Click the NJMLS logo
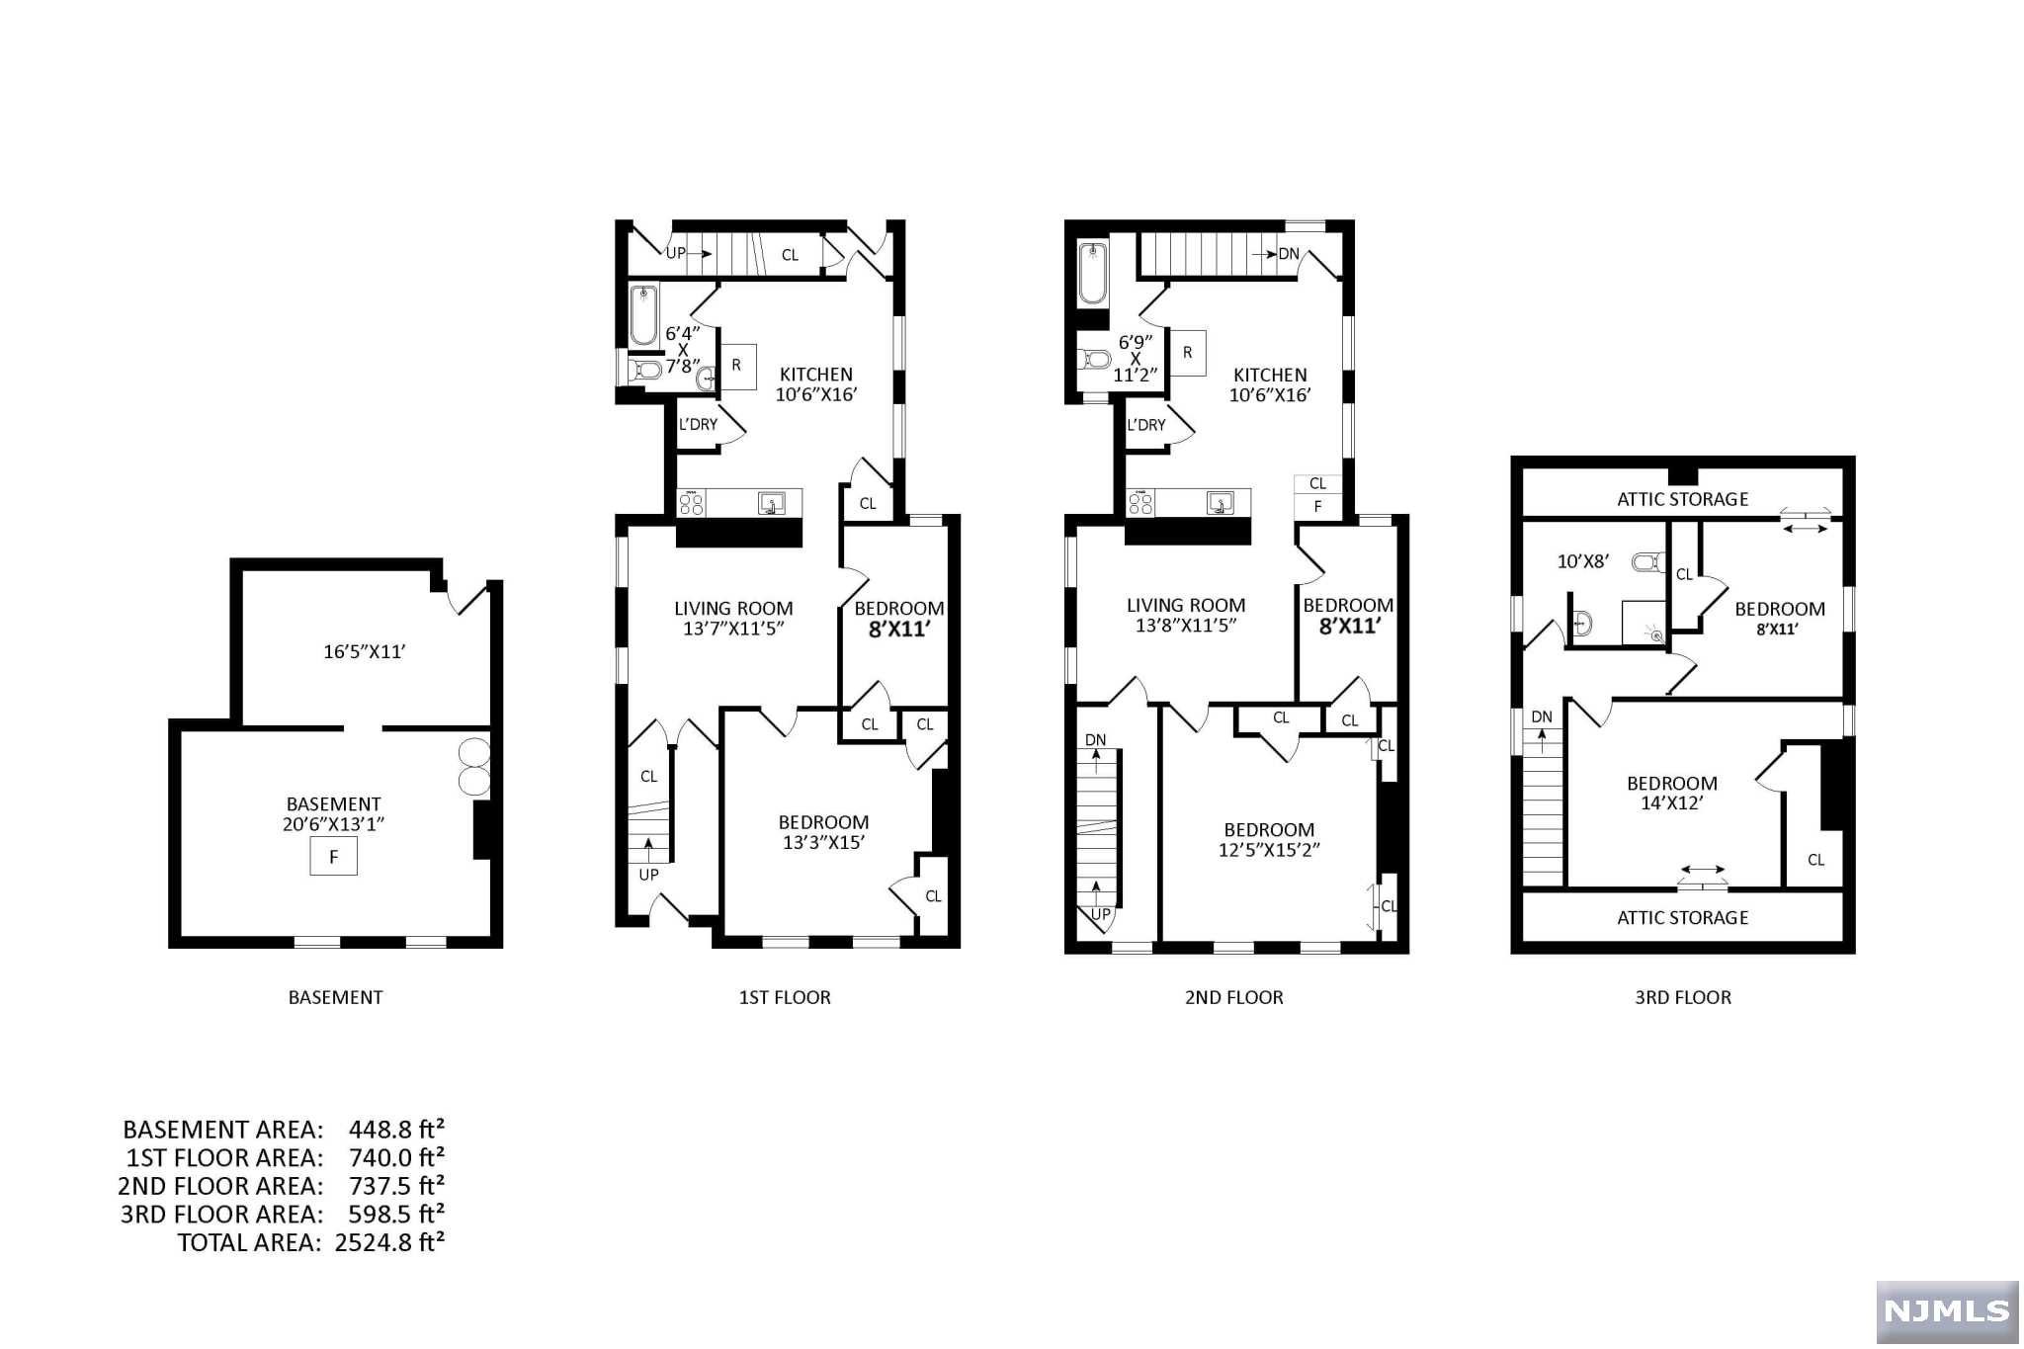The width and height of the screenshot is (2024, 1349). (1947, 1310)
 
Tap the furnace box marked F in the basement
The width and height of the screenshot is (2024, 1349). (334, 856)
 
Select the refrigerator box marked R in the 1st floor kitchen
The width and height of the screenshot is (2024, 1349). (736, 365)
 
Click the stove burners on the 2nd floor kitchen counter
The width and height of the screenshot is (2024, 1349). (1140, 504)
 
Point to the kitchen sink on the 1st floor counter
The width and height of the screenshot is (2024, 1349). (772, 503)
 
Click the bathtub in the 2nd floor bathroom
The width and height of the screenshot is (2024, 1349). (1093, 274)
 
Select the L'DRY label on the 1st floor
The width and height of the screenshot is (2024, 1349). (698, 424)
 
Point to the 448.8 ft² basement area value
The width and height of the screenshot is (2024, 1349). (396, 1129)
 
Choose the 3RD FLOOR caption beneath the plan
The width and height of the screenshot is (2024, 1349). (1683, 997)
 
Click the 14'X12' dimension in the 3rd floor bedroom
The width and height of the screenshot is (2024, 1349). (1672, 802)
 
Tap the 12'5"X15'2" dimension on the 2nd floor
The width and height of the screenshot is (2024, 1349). (1269, 849)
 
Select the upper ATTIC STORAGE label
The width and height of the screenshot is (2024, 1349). (1683, 499)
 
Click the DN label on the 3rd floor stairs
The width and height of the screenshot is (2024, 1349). (1542, 717)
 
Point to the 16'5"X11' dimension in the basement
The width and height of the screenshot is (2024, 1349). (366, 651)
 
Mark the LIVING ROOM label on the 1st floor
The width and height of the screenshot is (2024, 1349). (733, 609)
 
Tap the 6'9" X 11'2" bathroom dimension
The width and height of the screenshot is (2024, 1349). (1136, 359)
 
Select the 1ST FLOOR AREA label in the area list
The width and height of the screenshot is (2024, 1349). (224, 1157)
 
